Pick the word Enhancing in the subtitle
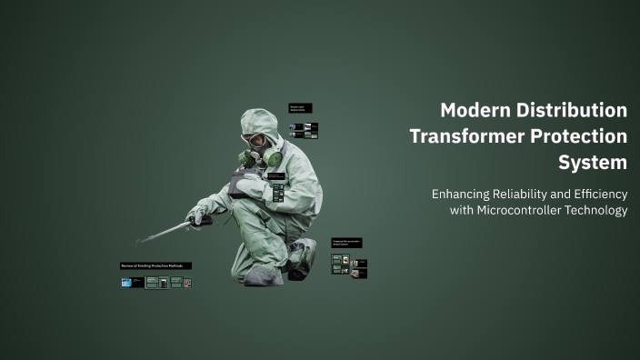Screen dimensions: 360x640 (462, 194)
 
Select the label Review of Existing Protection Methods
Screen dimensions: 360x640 (155, 265)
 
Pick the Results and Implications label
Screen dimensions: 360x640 (300, 108)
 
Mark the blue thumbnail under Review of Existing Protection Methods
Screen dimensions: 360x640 (126, 283)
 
